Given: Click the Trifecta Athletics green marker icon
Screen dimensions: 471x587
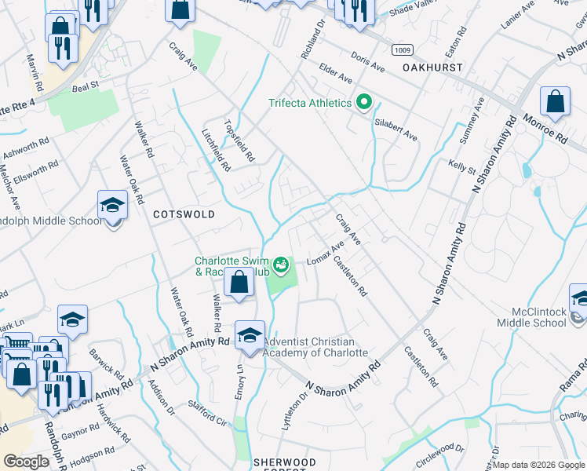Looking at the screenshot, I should click(363, 103).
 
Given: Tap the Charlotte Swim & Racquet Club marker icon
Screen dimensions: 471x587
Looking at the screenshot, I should click(281, 264).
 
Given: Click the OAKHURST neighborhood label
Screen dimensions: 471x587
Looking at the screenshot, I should click(433, 68).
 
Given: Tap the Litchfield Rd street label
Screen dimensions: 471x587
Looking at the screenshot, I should click(215, 150).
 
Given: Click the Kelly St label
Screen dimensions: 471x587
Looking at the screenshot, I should click(462, 166).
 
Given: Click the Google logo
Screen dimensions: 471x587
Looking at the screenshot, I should click(26, 462).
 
